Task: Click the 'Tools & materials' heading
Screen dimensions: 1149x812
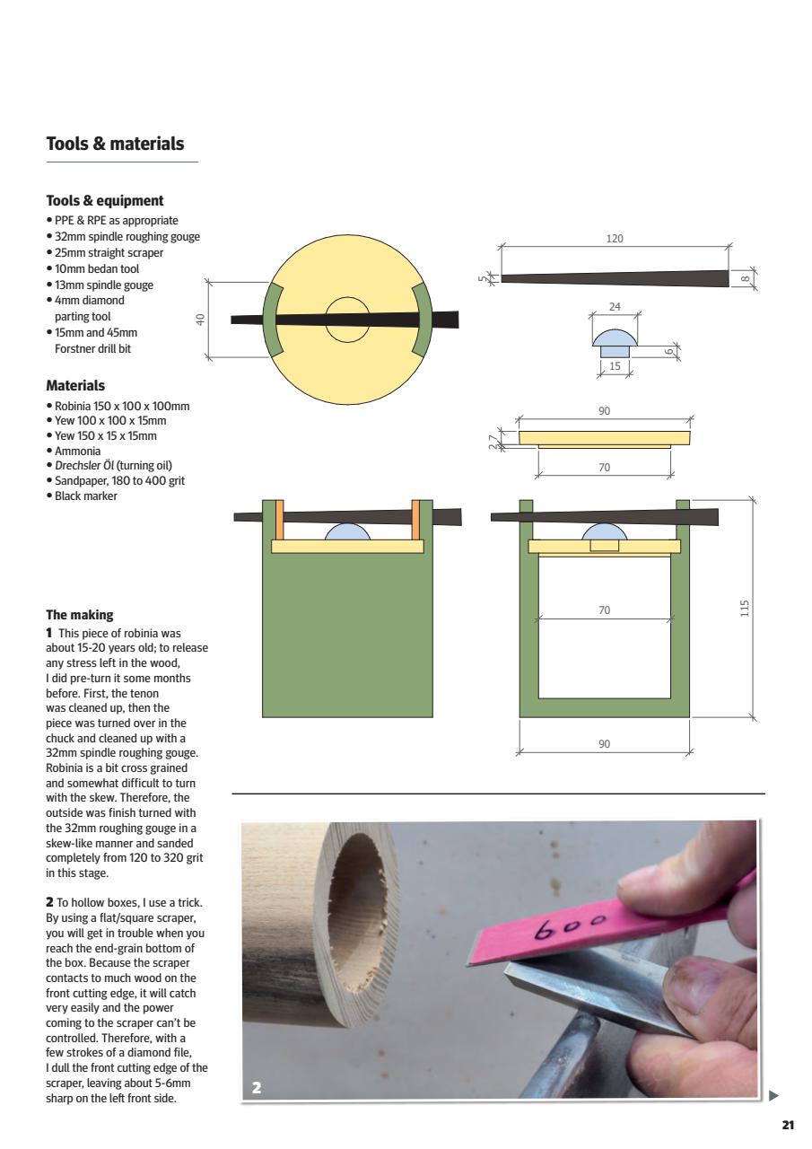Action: [x=115, y=144]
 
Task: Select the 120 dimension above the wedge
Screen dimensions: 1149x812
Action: [x=615, y=239]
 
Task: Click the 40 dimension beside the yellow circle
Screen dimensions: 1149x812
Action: [x=202, y=320]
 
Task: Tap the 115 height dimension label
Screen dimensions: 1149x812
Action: [x=745, y=609]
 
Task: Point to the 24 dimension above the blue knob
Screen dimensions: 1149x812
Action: [x=615, y=307]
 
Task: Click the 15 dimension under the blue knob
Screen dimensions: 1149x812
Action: [x=615, y=366]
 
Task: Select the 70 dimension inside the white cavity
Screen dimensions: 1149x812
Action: [x=604, y=610]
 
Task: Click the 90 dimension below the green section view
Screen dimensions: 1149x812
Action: [x=604, y=744]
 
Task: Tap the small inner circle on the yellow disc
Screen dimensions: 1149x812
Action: [x=347, y=320]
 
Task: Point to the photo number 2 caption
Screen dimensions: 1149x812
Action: [x=257, y=1087]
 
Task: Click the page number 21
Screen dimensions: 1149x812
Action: [x=788, y=1125]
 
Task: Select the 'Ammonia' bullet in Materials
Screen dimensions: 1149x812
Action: [x=77, y=451]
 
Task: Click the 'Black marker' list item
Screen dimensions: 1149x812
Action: [x=86, y=496]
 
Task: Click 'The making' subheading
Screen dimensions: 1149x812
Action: [x=80, y=615]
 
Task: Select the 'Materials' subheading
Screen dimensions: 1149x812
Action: [x=75, y=386]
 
